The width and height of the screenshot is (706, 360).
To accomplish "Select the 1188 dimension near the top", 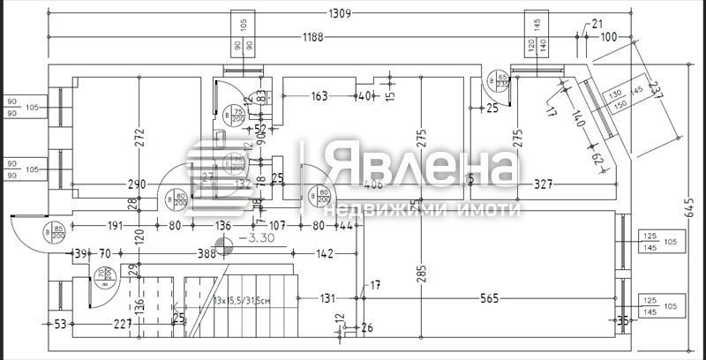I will tap(312, 36).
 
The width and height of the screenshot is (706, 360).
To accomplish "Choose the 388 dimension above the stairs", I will tap(207, 254).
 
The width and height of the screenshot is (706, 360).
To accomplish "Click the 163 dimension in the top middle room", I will tap(319, 96).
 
